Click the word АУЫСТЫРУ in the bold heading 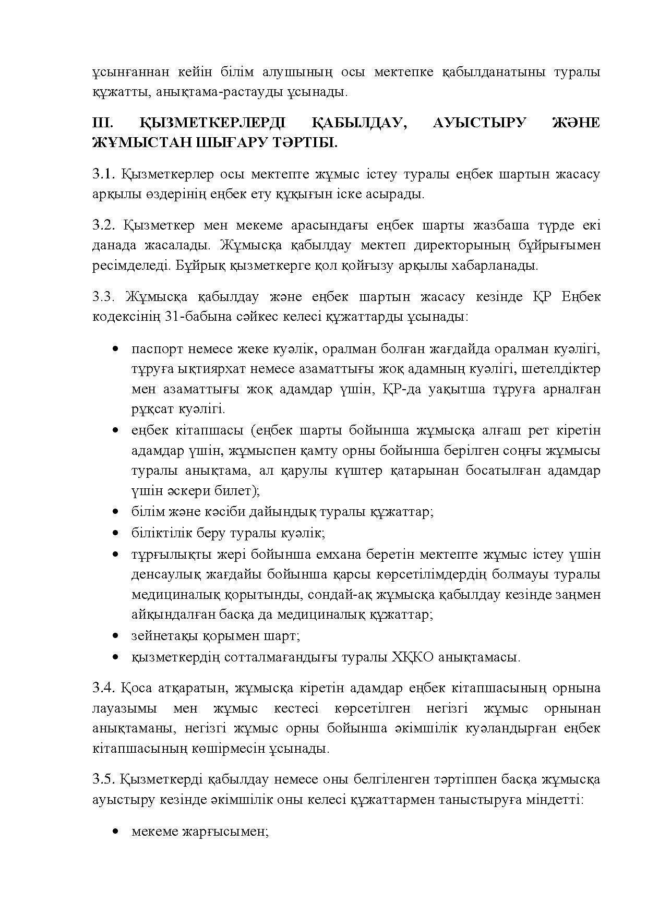point(479,123)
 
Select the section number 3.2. point(103,225)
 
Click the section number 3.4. point(103,688)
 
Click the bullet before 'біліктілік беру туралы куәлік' point(116,534)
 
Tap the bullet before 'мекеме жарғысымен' point(116,832)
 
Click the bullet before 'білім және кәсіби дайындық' point(116,512)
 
